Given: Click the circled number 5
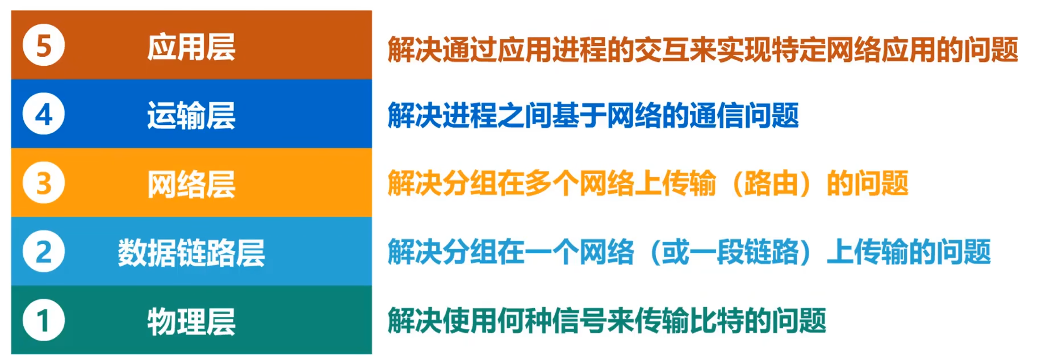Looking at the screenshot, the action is click(x=44, y=45).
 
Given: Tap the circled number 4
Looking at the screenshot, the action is click(x=44, y=114).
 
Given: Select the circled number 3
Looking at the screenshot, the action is click(x=44, y=183).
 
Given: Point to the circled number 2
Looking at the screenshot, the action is click(x=44, y=252).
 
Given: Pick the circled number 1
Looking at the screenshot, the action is click(x=44, y=320).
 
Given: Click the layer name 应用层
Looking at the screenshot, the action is click(x=191, y=47).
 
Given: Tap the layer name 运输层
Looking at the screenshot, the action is click(x=191, y=115).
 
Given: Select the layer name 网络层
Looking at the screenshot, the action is click(x=191, y=185).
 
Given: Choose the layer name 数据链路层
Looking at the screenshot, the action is click(x=191, y=253).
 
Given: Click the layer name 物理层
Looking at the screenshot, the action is click(x=191, y=321).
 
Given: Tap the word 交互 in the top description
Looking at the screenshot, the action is click(x=661, y=49).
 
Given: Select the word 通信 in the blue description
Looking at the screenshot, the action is click(x=716, y=116).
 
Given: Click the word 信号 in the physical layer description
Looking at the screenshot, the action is click(x=579, y=321).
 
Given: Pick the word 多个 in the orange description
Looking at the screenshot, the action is click(x=551, y=183).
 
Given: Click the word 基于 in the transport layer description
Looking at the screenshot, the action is click(x=579, y=116).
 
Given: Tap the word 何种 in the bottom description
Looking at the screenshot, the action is click(x=524, y=321).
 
